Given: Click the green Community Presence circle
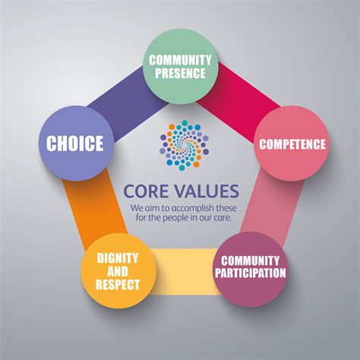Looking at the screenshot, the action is tap(180, 66).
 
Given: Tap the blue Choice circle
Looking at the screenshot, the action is tap(76, 143).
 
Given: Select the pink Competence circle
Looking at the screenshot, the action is tap(292, 144).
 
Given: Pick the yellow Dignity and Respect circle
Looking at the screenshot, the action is tap(118, 270).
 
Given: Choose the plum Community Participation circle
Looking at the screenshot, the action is tap(251, 270).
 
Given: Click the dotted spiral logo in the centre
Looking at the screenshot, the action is tap(185, 145).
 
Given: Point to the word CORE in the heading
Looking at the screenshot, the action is tap(146, 191).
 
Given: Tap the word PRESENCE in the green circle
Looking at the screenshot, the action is tap(180, 73).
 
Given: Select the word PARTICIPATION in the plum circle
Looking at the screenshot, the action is tap(251, 273).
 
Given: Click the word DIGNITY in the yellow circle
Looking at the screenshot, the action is tap(118, 258).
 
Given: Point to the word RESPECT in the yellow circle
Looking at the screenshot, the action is tap(118, 284).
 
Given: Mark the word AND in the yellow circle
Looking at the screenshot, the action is tap(118, 271).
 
